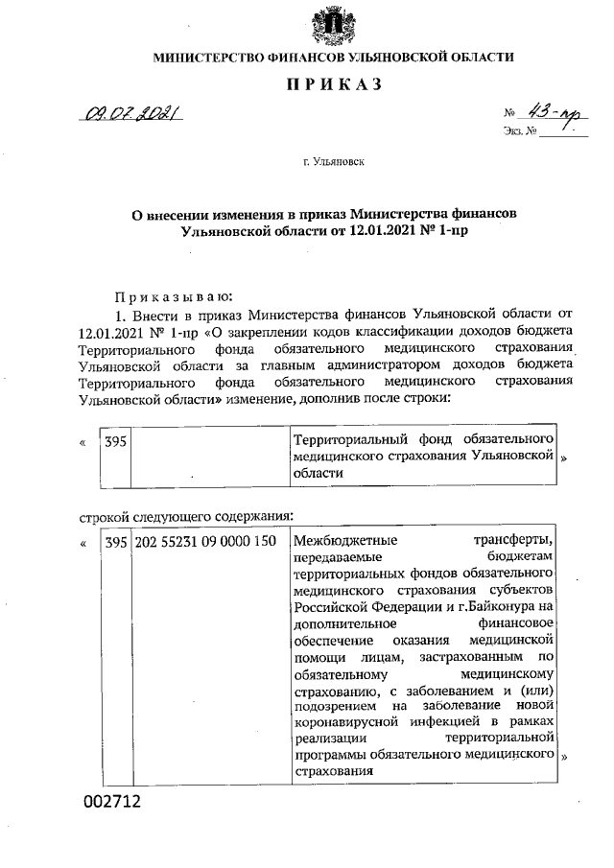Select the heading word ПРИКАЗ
point(334,85)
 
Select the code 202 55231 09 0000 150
point(204,542)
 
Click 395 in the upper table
point(115,437)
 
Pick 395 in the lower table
point(115,542)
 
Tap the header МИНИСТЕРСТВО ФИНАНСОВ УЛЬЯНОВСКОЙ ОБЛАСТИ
point(333,58)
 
